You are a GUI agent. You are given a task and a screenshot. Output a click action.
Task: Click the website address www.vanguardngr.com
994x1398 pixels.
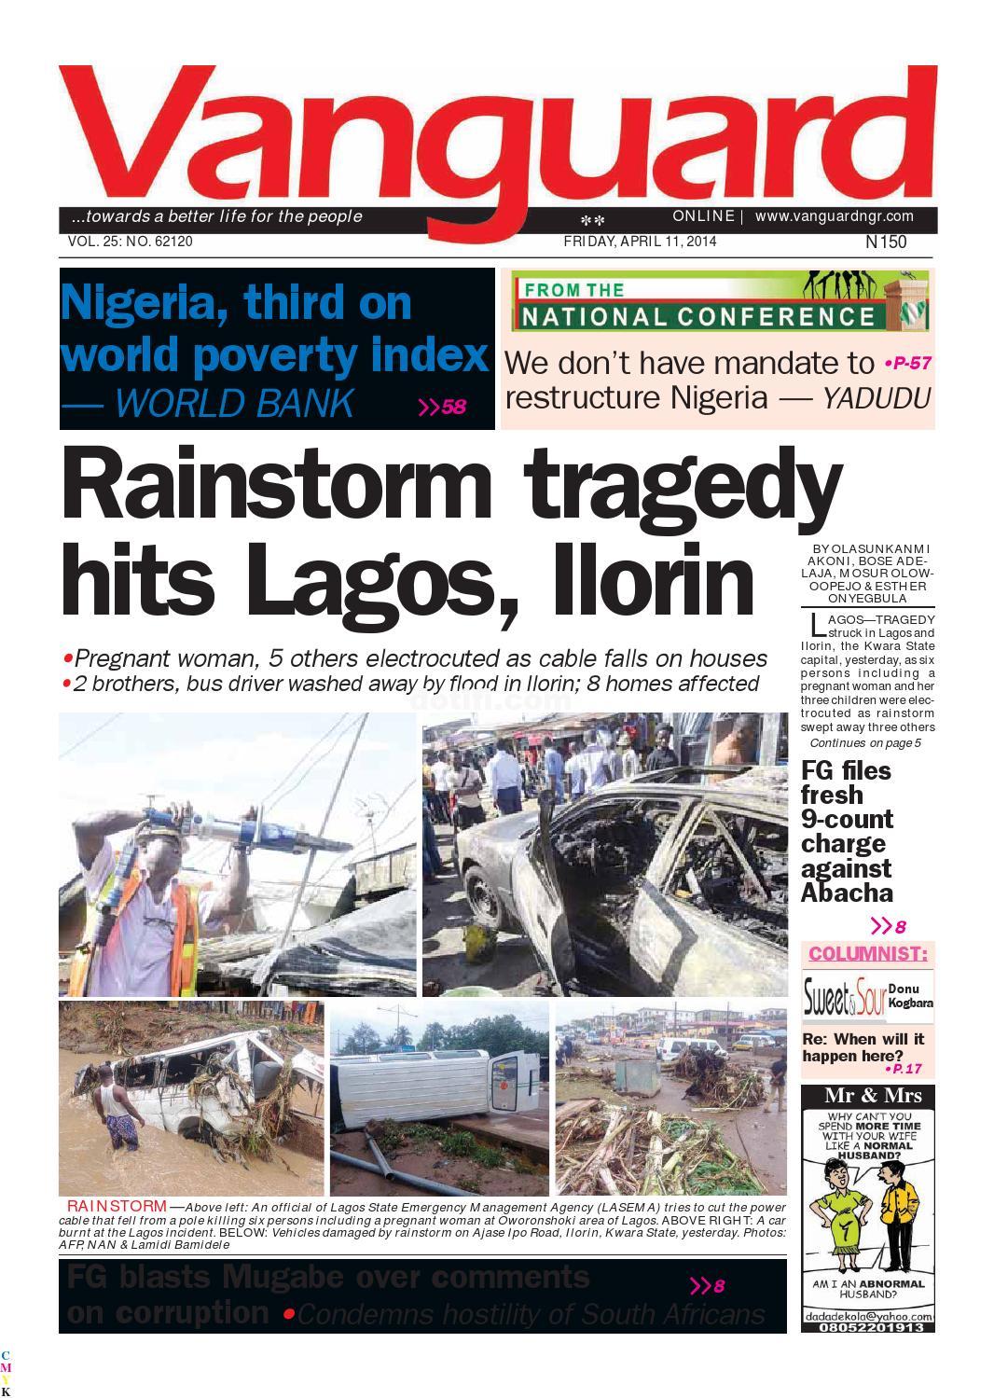[834, 216]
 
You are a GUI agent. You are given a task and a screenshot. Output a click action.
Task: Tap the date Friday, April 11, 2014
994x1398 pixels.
[640, 242]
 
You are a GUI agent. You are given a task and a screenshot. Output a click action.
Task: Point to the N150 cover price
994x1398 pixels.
[885, 242]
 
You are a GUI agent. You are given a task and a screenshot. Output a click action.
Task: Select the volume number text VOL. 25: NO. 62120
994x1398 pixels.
[131, 242]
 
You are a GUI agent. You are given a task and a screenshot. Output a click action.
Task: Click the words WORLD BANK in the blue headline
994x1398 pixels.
[235, 403]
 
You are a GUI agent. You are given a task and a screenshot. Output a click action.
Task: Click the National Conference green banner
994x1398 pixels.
[718, 302]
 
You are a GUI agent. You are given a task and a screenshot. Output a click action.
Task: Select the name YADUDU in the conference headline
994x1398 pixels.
[876, 398]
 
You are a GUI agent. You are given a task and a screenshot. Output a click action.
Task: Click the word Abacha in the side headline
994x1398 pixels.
[846, 893]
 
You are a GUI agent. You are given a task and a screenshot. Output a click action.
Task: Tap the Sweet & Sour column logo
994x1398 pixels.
[833, 999]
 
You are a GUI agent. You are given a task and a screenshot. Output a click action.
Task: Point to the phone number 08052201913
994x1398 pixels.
[867, 1326]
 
